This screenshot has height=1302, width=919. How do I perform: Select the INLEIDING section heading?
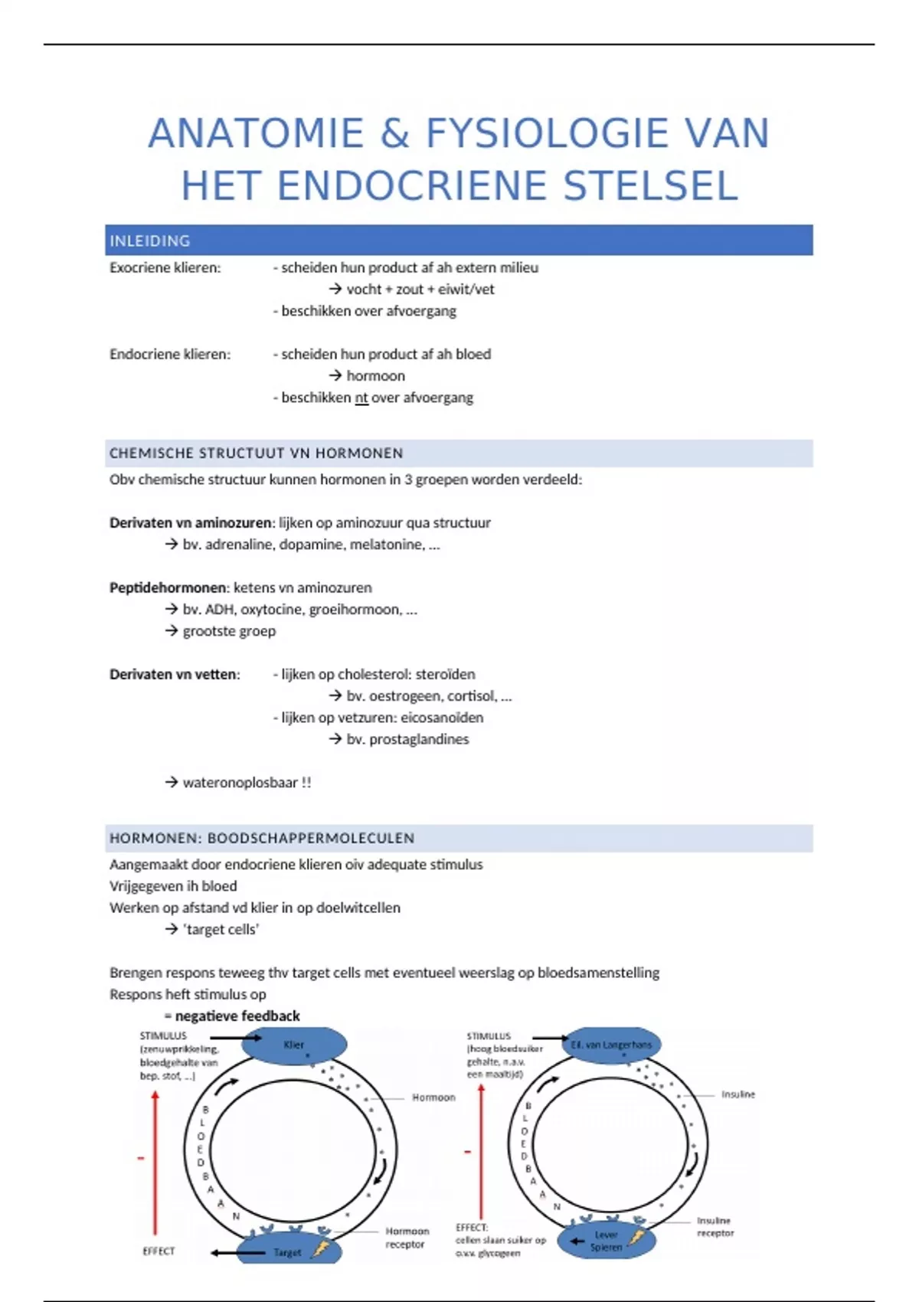[x=150, y=240]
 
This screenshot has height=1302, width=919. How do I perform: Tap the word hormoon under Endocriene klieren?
[x=375, y=376]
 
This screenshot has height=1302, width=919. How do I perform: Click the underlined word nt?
[x=361, y=397]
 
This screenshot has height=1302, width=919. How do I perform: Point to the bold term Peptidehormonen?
[x=168, y=587]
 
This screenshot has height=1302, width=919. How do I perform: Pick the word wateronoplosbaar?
[x=240, y=783]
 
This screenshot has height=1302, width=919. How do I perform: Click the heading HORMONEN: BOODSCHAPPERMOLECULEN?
[x=262, y=838]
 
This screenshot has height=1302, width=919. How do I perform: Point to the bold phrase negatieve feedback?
[x=237, y=1016]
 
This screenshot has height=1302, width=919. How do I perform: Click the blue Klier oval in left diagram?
[x=294, y=1045]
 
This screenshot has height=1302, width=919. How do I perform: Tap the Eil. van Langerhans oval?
[x=611, y=1045]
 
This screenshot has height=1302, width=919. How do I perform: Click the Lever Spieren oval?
[x=607, y=1241]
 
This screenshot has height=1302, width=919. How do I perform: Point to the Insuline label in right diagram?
[x=737, y=1094]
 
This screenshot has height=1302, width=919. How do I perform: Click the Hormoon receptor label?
[x=407, y=1238]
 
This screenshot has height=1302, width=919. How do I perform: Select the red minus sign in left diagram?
[x=141, y=1158]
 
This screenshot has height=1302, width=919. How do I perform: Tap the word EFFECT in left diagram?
[x=159, y=1251]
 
